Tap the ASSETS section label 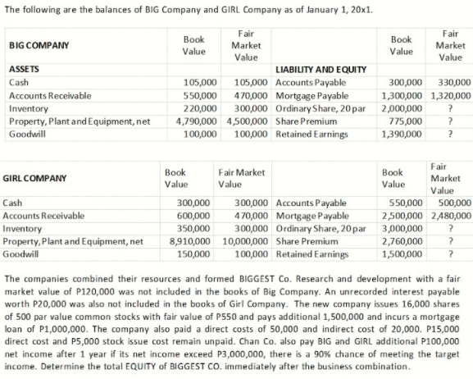point(24,70)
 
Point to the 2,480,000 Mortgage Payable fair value point(452,217)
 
